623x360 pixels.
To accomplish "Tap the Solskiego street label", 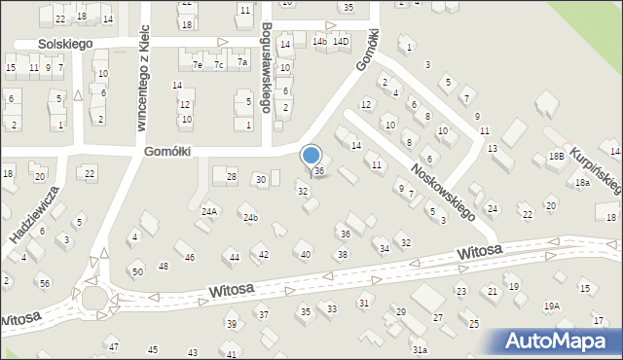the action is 65,44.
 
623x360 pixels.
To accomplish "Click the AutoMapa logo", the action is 560,341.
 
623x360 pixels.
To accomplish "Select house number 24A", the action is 208,210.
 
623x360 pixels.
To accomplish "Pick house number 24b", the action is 250,217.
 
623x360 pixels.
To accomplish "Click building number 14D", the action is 340,42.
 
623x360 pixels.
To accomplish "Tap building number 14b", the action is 319,42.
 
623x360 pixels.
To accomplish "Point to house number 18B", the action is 556,156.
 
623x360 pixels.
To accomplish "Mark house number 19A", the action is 552,306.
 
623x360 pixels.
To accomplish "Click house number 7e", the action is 198,64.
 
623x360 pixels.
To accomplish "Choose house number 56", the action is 45,282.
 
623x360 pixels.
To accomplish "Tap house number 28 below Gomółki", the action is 231,176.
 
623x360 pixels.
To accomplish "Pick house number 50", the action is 137,270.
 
